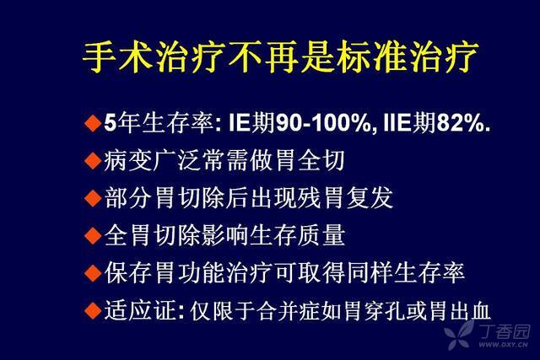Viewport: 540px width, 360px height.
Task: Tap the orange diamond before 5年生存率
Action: coord(93,123)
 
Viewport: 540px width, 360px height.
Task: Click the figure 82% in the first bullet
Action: coord(460,123)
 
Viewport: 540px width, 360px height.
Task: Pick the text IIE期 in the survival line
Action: coord(409,123)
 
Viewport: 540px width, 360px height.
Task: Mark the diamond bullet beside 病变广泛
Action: coord(93,161)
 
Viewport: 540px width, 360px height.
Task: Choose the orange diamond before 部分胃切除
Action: coord(93,198)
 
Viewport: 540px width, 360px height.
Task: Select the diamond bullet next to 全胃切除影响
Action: coord(93,236)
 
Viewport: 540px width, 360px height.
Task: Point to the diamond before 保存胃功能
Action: coord(93,273)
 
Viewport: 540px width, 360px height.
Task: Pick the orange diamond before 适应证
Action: coord(93,310)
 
